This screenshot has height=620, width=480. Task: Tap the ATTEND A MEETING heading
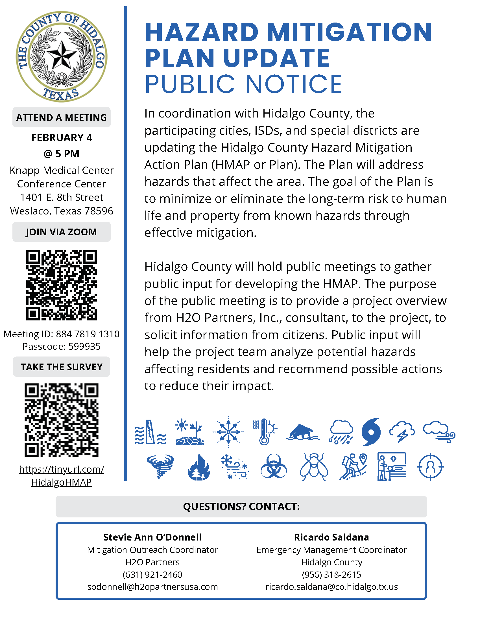[62, 117]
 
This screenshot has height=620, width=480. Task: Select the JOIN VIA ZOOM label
[62, 232]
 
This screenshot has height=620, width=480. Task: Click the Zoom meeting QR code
[62, 285]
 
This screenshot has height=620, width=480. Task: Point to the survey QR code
[62, 420]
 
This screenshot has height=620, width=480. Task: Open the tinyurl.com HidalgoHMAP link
[62, 475]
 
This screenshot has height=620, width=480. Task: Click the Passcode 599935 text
[62, 346]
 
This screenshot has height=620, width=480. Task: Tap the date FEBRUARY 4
[62, 138]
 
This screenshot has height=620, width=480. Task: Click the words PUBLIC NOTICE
[243, 84]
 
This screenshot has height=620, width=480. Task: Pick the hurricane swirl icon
[371, 432]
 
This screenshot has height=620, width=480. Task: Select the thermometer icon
[265, 432]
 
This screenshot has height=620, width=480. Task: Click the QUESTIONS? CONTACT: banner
[241, 506]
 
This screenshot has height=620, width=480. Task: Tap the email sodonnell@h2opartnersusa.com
[152, 587]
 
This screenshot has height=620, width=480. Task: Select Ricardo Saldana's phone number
[331, 575]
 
